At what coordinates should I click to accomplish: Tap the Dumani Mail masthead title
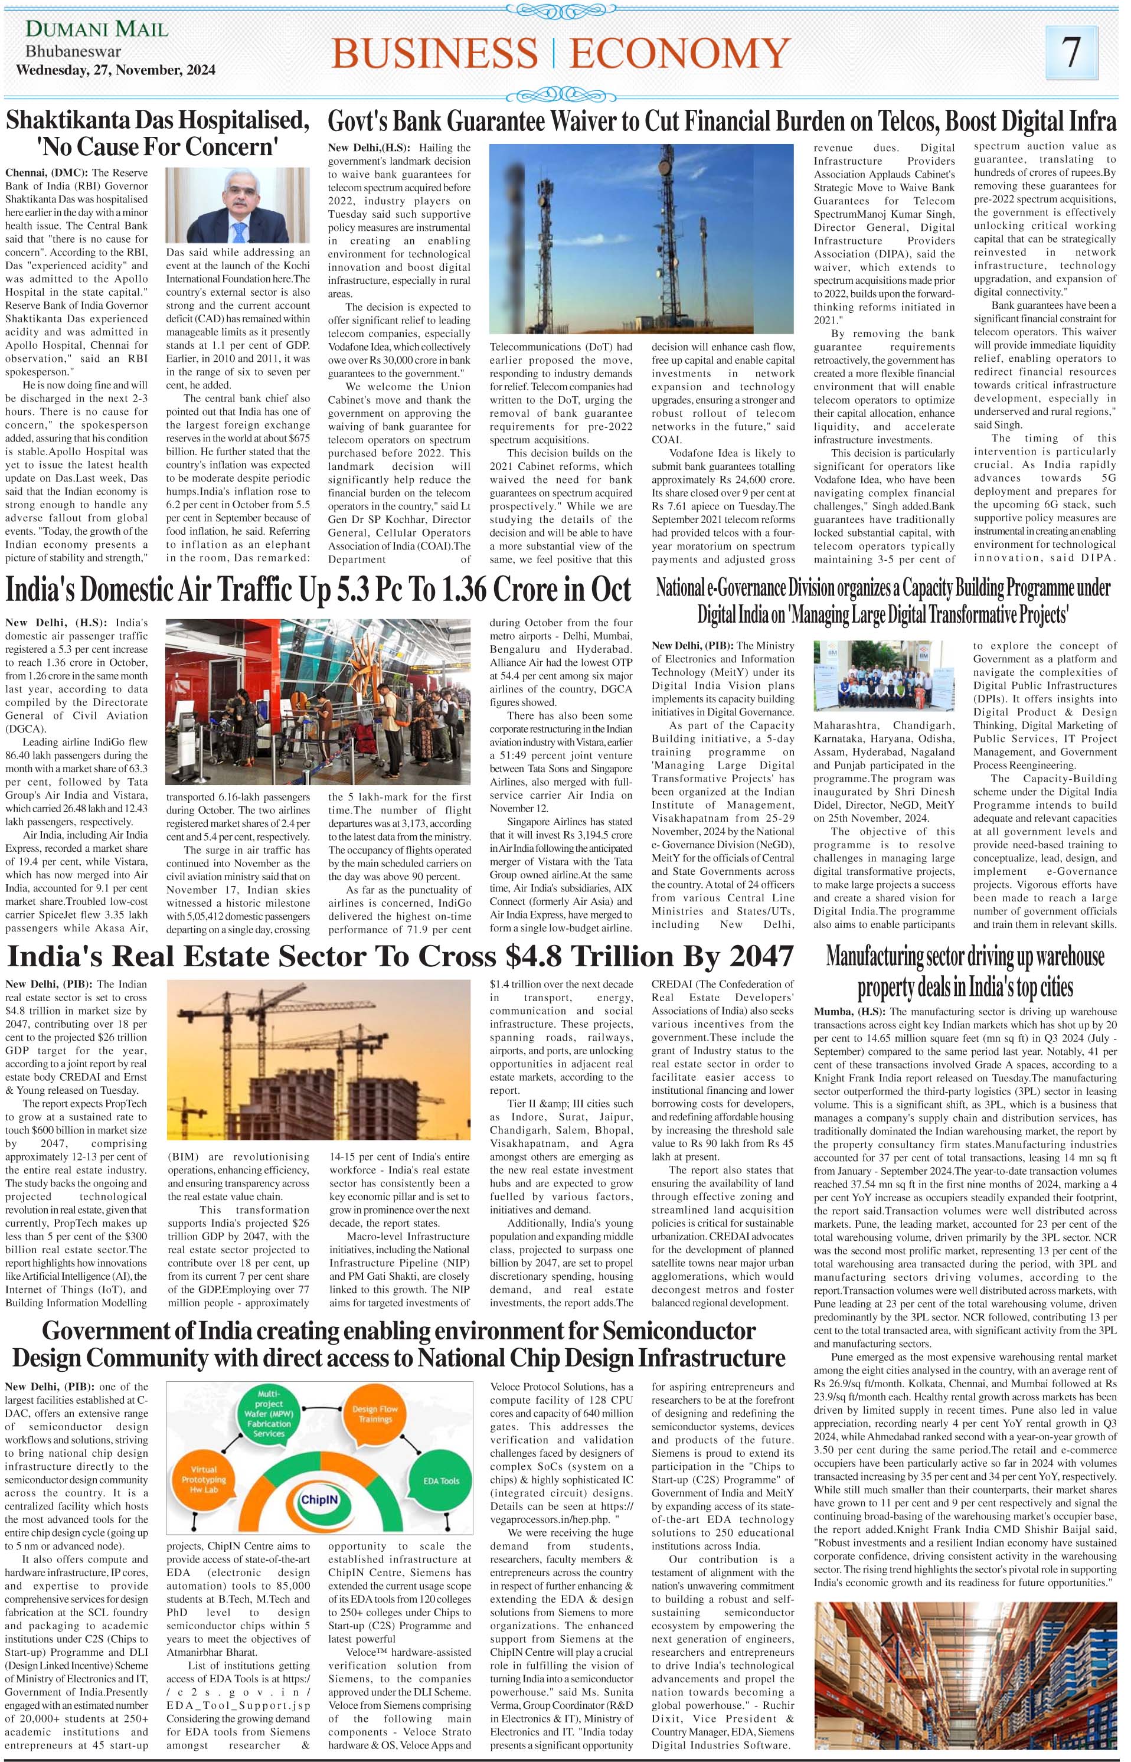point(97,30)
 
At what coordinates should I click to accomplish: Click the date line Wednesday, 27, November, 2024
point(116,70)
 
